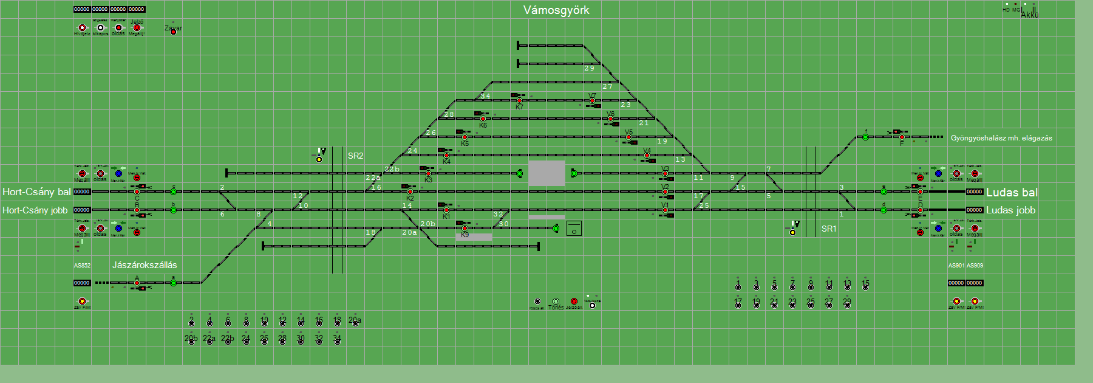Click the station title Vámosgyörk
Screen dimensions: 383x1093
[x=556, y=10]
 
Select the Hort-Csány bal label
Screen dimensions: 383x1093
[x=36, y=192]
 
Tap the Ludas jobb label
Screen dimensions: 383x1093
[x=1010, y=210]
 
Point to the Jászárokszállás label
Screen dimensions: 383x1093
[x=145, y=265]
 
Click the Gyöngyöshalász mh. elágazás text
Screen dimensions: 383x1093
[x=1001, y=138]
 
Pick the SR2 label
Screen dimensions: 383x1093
[x=355, y=156]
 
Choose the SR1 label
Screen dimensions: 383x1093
[x=829, y=229]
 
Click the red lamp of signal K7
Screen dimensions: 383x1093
[x=519, y=101]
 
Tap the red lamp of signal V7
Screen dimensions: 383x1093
[x=592, y=101]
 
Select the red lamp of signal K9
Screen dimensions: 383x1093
[x=465, y=229]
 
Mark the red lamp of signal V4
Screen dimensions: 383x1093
[x=647, y=156]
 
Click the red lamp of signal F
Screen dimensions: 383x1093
[x=902, y=137]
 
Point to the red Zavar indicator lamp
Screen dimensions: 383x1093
[x=173, y=32]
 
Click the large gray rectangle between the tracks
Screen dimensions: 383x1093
[x=546, y=173]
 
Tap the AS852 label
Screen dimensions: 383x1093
[x=82, y=266]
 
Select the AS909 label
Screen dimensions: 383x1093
[x=975, y=266]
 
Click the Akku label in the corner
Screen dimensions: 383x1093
[x=1029, y=15]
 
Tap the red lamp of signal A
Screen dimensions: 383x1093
[x=137, y=283]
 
